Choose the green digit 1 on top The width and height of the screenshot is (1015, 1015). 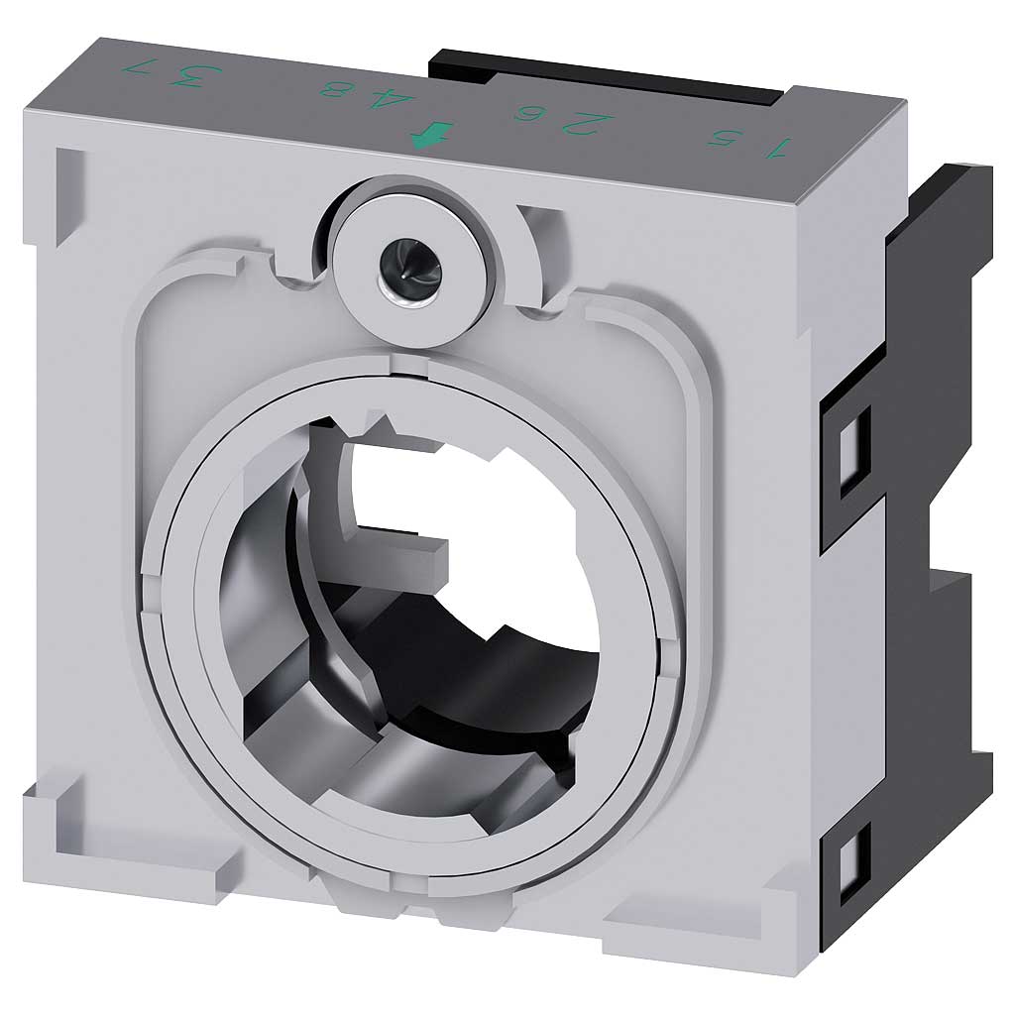(778, 149)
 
